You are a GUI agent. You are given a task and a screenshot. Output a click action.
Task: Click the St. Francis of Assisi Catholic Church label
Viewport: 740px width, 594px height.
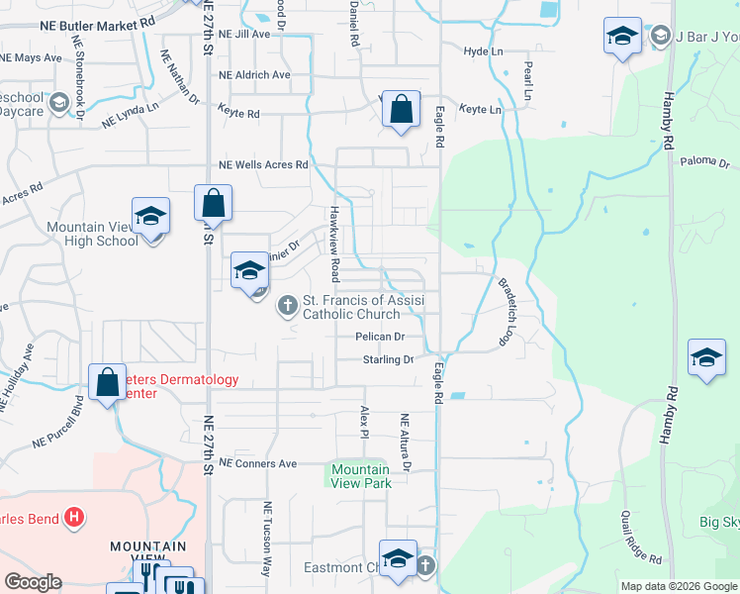tap(363, 307)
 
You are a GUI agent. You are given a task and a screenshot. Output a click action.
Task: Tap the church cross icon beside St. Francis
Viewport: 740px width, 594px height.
tap(288, 305)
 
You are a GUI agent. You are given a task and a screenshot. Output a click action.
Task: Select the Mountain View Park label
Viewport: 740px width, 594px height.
tap(360, 476)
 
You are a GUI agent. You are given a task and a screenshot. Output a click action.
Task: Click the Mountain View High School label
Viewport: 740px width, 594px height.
tap(92, 234)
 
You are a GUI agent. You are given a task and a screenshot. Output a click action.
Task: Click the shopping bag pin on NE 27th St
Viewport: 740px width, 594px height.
tap(213, 205)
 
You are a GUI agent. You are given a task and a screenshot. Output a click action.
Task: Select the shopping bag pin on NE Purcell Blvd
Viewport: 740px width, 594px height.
tap(107, 383)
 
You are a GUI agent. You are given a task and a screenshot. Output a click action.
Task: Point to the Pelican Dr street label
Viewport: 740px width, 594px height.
tap(382, 337)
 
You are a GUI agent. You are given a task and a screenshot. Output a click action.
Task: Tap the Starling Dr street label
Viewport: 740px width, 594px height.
tap(387, 359)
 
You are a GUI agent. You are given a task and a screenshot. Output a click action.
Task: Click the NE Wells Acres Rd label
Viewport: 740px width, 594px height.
tap(263, 164)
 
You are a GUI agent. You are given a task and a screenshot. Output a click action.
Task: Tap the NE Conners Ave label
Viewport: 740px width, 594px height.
tap(258, 463)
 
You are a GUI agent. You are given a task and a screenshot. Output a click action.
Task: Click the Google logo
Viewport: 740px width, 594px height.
tap(32, 582)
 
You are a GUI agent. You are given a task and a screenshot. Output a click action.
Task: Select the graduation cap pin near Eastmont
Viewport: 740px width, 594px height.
tap(397, 559)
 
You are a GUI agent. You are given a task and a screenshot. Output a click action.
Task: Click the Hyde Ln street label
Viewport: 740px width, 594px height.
tap(483, 50)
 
